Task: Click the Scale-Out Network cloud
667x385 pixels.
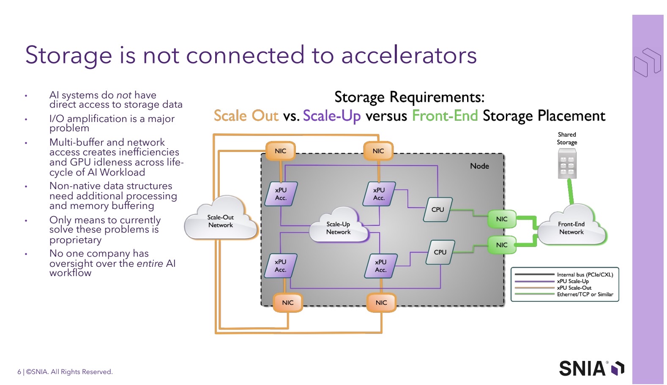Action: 221,221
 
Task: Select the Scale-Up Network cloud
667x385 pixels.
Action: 339,228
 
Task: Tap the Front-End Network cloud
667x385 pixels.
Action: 571,228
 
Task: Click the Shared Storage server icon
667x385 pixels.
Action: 567,165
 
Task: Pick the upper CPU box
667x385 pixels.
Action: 438,209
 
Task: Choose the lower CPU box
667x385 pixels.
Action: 440,252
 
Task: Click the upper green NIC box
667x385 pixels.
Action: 502,219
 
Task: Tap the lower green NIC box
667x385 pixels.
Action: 502,245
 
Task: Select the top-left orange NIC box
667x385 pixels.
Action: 281,151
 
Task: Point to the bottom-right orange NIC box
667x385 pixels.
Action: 381,303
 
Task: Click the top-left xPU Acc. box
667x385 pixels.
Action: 281,194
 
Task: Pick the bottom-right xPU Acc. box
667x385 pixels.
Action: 381,266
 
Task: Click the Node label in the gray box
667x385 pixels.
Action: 479,166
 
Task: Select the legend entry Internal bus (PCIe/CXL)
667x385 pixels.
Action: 585,274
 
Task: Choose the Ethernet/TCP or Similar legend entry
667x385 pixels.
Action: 585,294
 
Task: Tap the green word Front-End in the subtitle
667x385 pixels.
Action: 445,116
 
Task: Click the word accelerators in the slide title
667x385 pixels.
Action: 409,55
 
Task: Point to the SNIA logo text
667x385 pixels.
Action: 582,369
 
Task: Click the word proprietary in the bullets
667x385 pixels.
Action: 76,240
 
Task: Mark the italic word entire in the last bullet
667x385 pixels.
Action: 150,263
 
